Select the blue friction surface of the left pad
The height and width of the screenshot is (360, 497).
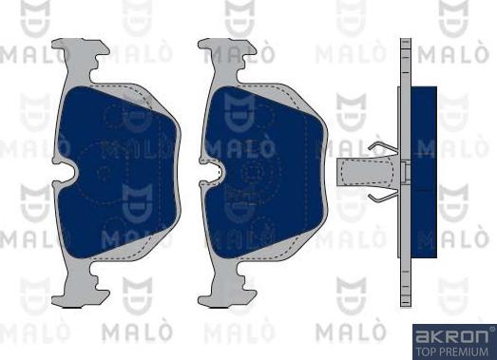tap(119, 171)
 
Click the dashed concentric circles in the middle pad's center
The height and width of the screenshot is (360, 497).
tap(255, 172)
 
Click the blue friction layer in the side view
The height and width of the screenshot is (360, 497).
tap(424, 171)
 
